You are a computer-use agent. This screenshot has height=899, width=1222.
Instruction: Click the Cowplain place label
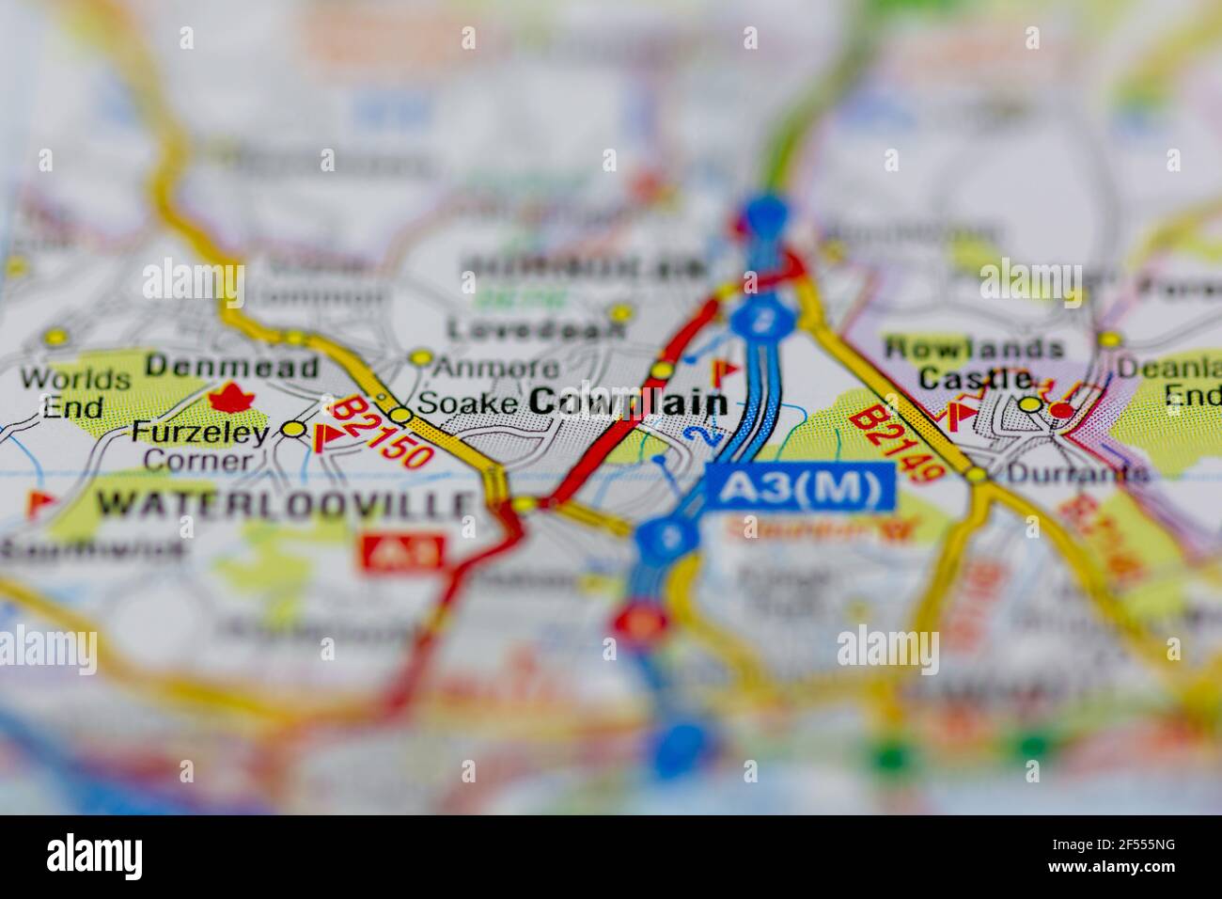(628, 402)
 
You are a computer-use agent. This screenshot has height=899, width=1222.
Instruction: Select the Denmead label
(232, 367)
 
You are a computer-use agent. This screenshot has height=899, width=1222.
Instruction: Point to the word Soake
(466, 403)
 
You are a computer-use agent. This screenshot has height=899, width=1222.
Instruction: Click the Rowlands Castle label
(973, 363)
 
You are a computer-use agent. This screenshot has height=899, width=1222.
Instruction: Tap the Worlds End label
(75, 393)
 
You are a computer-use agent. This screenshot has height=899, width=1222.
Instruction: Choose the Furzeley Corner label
(199, 446)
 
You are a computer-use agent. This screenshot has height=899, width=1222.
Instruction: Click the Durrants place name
(1077, 473)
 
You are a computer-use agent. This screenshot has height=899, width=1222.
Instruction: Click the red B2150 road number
(383, 433)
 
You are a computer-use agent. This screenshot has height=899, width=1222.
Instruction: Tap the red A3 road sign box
(402, 553)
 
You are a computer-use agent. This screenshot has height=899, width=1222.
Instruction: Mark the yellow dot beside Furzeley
(295, 430)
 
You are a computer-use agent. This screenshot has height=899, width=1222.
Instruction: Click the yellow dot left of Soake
(401, 415)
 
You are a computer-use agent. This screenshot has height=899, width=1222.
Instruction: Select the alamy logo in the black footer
(94, 857)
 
